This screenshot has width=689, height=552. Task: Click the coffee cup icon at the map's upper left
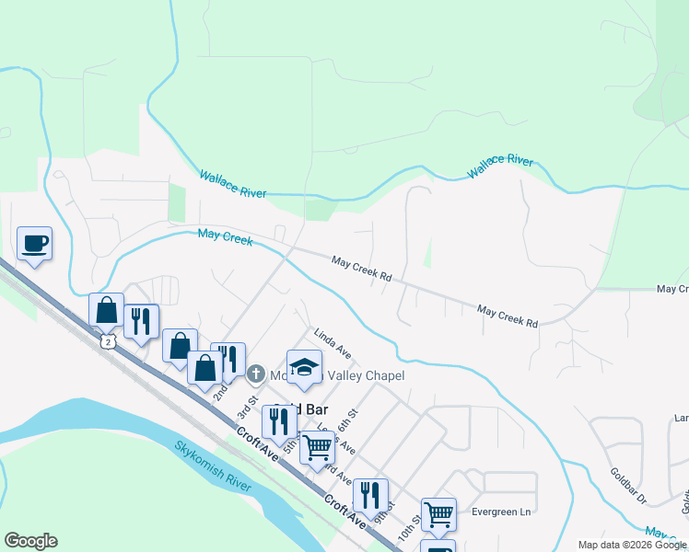35,244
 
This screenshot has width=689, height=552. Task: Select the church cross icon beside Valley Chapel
257,374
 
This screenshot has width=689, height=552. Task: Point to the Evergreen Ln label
502,511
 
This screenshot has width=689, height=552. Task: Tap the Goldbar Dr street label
629,486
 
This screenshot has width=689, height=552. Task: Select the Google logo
30,541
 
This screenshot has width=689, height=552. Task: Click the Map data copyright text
632,546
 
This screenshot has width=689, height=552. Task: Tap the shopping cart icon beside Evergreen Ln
438,514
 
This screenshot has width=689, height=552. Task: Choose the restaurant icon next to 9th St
370,495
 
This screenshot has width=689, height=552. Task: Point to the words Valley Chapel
367,375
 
